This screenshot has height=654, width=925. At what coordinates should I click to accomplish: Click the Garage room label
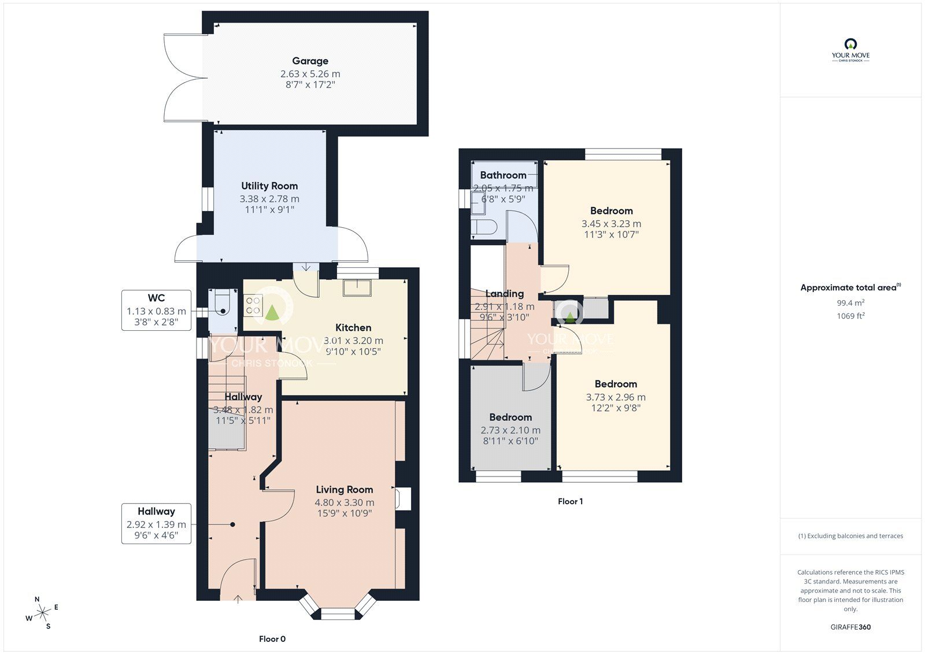(x=310, y=61)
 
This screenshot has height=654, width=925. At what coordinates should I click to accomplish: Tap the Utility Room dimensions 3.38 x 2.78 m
(x=269, y=198)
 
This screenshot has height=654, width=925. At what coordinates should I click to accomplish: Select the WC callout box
(x=156, y=311)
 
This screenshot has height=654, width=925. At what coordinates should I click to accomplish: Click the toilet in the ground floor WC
(x=222, y=302)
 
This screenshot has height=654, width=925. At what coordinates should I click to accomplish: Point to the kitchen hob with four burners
(x=253, y=305)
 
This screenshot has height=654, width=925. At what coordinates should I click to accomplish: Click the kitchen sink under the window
(x=357, y=287)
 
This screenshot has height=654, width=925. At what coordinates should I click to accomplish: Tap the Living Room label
(x=344, y=489)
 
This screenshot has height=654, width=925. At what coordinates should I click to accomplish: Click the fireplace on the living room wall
(x=402, y=499)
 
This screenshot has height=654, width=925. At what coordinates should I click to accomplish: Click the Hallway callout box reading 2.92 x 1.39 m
(x=156, y=524)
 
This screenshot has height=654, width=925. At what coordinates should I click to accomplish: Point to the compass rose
(x=43, y=613)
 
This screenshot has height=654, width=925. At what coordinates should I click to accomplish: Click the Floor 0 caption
(x=272, y=639)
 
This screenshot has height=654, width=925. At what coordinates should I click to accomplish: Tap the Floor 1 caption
(x=570, y=501)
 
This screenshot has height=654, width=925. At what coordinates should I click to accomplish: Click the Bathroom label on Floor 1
(x=503, y=175)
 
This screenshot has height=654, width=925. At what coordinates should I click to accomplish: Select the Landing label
(x=504, y=294)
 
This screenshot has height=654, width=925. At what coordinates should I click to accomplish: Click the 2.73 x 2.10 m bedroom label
(x=510, y=417)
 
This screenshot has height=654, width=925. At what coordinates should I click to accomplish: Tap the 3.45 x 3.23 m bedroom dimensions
(x=611, y=224)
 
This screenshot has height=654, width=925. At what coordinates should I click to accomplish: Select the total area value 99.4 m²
(x=850, y=303)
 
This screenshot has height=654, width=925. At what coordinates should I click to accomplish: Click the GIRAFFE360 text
(x=850, y=627)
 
